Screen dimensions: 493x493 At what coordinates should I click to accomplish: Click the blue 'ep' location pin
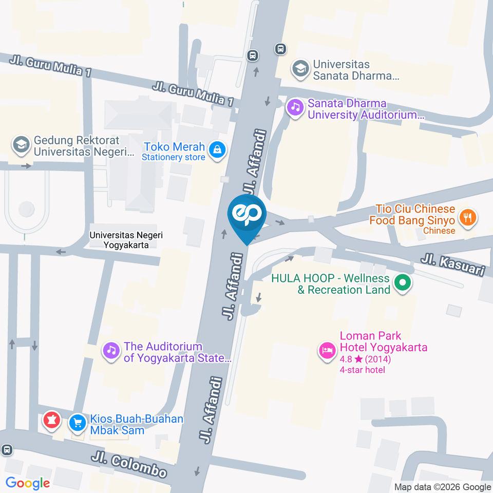pos(247,215)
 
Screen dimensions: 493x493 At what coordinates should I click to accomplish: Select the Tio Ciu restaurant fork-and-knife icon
pos(467,217)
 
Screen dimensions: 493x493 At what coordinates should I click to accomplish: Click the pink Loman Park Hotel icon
pos(327,351)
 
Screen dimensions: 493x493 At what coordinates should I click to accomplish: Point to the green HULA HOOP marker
pos(403,282)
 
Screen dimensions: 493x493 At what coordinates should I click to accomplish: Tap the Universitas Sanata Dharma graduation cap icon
pos(300,68)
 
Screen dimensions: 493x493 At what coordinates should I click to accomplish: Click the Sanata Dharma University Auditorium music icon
pos(295,107)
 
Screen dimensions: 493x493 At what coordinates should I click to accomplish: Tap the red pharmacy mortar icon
pos(51,421)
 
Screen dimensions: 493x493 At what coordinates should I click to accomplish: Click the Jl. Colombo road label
pos(130,464)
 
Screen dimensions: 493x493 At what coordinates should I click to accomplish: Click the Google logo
pos(28,483)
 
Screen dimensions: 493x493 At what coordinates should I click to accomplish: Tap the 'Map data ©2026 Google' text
pos(443,487)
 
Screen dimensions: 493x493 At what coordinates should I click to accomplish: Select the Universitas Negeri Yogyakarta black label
pos(119,240)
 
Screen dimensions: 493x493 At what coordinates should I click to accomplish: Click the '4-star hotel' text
pos(362,370)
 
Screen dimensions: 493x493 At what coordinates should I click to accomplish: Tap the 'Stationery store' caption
pos(174,158)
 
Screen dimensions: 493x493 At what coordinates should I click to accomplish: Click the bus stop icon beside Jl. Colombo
pos(6,450)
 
